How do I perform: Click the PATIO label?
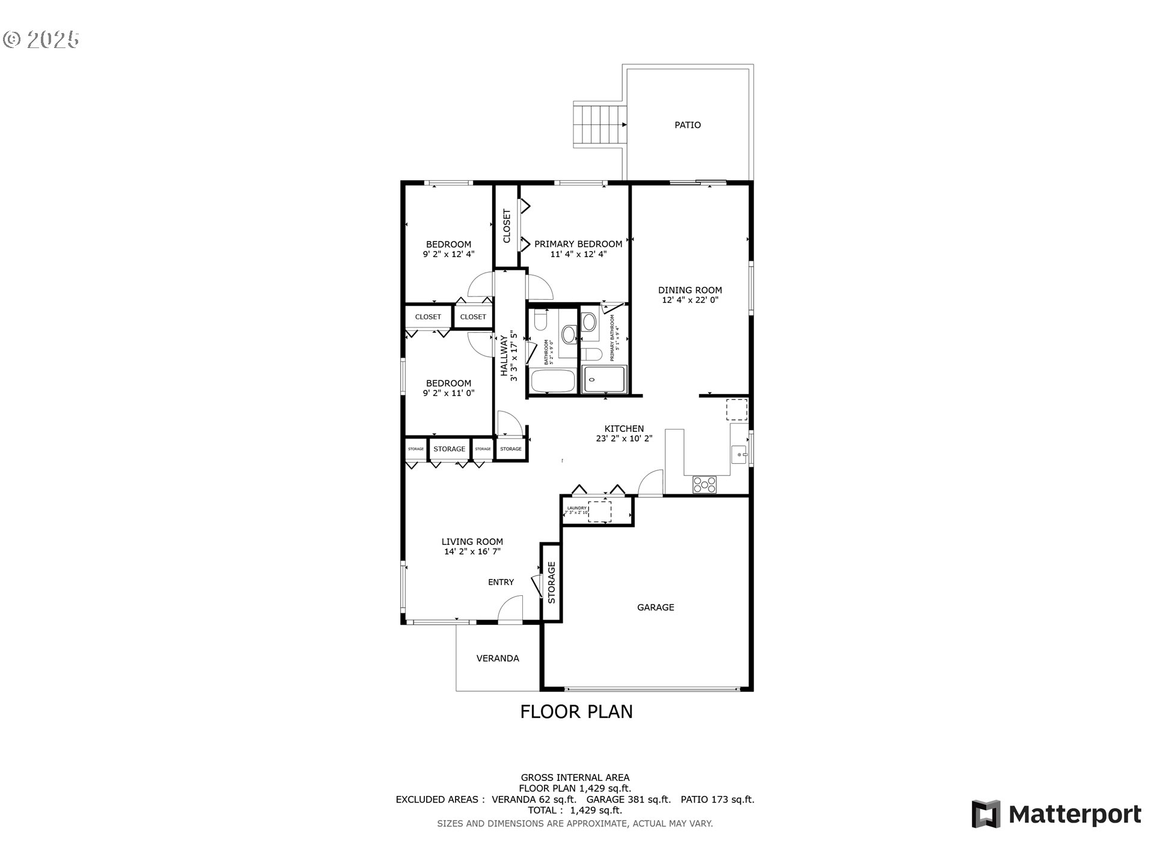coord(688,125)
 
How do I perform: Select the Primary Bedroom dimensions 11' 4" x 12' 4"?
coord(578,254)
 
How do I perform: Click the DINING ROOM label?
coord(690,290)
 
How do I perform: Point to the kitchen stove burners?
coord(704,484)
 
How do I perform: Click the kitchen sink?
coord(739,455)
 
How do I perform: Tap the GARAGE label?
coord(655,607)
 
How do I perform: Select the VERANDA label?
coord(498,658)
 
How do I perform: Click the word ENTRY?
coord(501,582)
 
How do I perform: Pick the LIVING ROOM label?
coord(472,541)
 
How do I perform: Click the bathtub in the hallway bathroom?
coord(553,381)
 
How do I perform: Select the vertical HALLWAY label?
coord(504,356)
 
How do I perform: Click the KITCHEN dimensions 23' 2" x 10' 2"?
coord(624,439)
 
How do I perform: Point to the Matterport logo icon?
coord(986,814)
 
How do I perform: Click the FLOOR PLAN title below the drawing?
coord(576,712)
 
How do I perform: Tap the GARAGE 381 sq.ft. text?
coord(628,800)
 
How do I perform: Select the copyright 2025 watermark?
coord(41,40)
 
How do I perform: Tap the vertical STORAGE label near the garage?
coord(551,582)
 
